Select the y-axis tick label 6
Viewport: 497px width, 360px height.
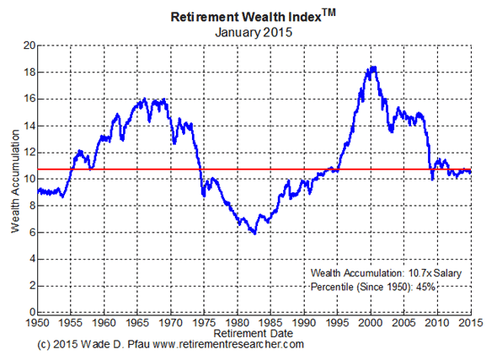[x=29, y=233]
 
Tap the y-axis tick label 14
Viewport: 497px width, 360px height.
[x=27, y=126]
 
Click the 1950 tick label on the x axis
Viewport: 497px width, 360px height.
[x=38, y=323]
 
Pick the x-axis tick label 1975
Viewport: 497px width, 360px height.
[x=205, y=323]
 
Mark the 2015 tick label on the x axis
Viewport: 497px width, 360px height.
[x=470, y=323]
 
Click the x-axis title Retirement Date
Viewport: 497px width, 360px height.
[x=253, y=334]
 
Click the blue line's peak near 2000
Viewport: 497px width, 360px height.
[x=371, y=67]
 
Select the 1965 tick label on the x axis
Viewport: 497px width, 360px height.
[x=138, y=323]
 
